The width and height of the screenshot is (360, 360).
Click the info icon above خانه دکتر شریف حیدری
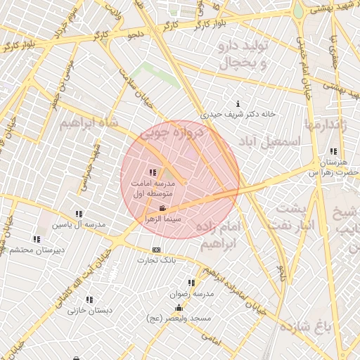238,104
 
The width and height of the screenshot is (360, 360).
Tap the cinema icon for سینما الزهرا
162,208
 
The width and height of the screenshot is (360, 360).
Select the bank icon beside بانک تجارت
156,250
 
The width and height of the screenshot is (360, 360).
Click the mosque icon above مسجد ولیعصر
179,308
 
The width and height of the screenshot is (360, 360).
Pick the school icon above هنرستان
333,151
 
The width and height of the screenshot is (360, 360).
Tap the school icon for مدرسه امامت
153,172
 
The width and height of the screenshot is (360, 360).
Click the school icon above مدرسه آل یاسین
79,214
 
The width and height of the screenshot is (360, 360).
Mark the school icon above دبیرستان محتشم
37,239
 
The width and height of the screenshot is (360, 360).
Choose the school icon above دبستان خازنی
89,300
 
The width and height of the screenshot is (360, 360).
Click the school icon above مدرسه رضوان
191,283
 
